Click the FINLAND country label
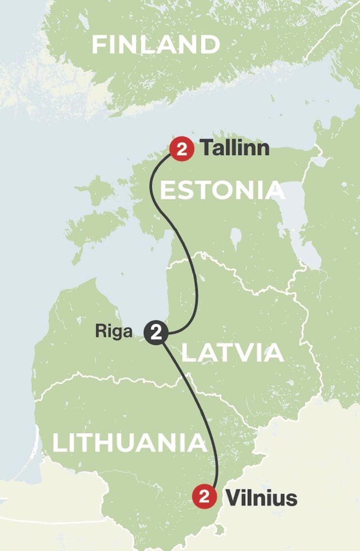tap(155, 45)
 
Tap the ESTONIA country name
tap(222, 190)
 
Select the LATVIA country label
tap(232, 353)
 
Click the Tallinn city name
tap(235, 148)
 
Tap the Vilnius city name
tap(261, 497)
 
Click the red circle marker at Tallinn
tap(182, 149)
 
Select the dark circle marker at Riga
tap(156, 333)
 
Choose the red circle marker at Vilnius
tap(204, 497)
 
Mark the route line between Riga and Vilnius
tap(198, 412)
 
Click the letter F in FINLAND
tap(99, 45)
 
